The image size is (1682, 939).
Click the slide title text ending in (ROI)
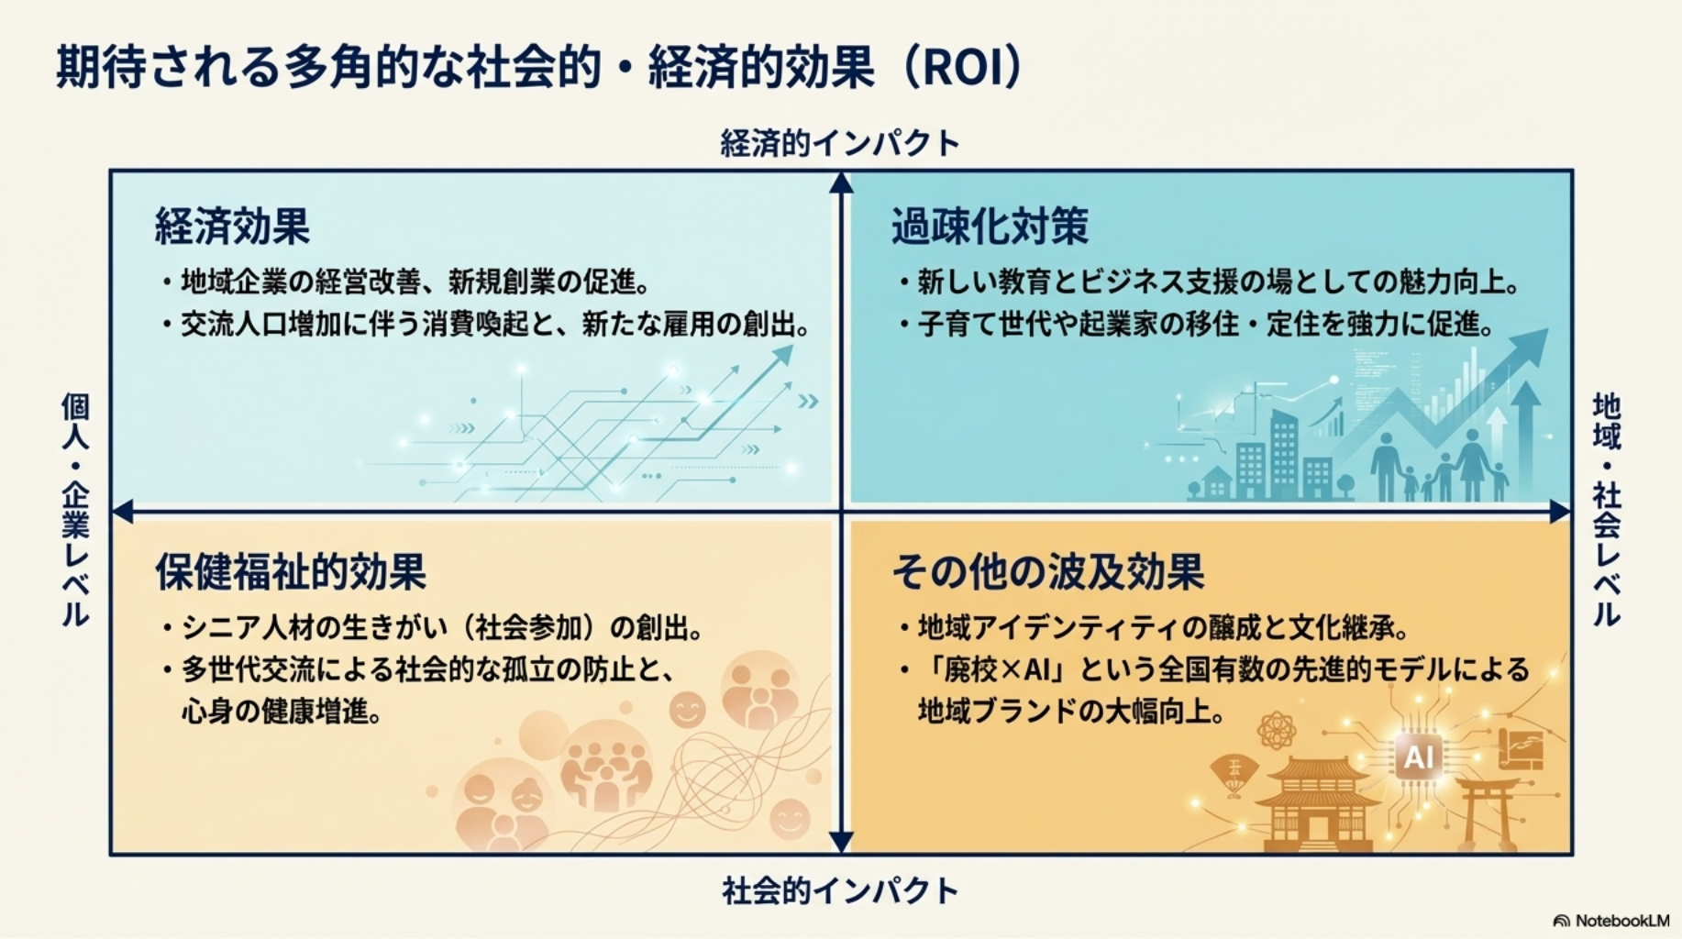click(540, 68)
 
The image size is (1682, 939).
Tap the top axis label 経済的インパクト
click(840, 143)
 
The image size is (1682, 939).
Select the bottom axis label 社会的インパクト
click(840, 890)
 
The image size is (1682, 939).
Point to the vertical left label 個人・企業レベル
click(75, 510)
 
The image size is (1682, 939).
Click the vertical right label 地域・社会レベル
click(1607, 510)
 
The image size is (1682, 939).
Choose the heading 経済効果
click(233, 226)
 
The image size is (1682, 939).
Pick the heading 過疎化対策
click(990, 226)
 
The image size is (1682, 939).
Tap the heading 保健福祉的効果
click(291, 571)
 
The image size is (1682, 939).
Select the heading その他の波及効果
click(1048, 571)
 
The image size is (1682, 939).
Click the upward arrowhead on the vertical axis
click(841, 182)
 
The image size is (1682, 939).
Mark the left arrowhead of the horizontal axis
click(122, 511)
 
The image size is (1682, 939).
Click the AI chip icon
click(1418, 757)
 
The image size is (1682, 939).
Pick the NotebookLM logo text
click(1611, 920)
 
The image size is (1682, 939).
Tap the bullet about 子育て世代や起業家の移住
click(1197, 324)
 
